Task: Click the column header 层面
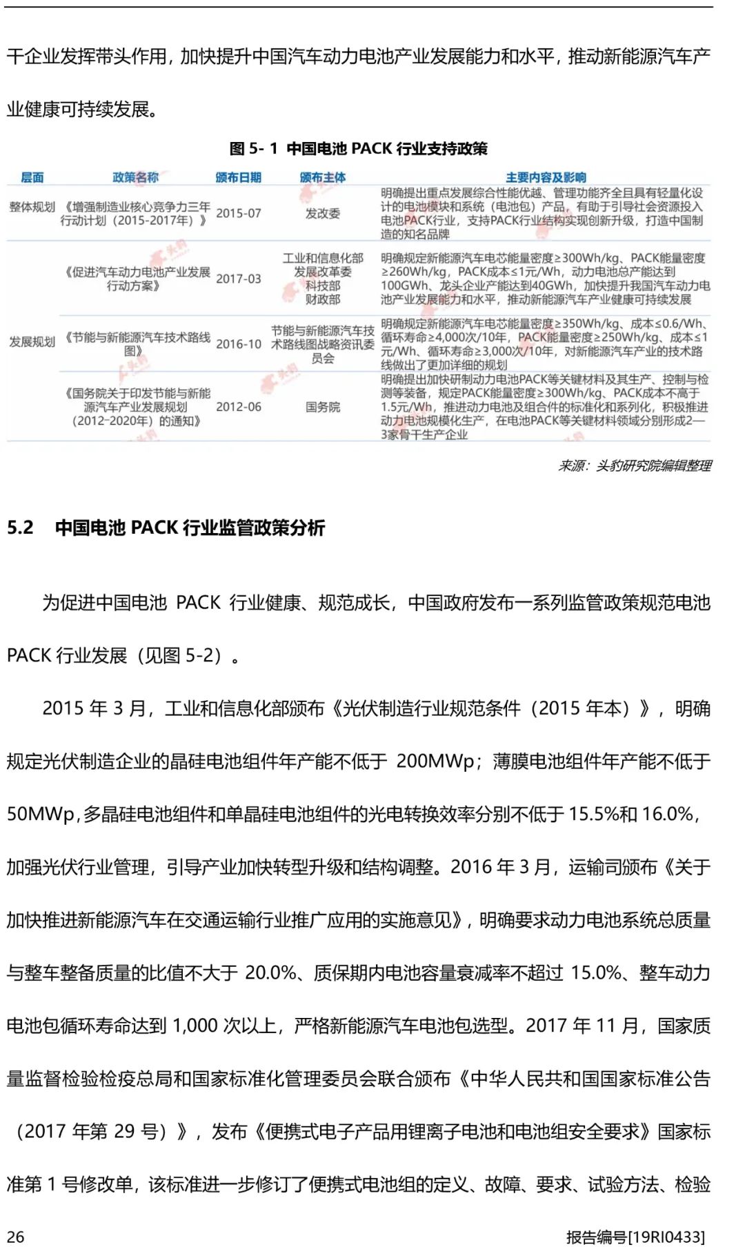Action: point(32,177)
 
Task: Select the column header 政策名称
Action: point(135,177)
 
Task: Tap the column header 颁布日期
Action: point(238,177)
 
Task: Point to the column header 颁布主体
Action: point(323,177)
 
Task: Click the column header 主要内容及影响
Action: point(545,177)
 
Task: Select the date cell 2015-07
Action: point(238,213)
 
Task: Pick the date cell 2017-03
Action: point(238,279)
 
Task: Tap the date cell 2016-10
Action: point(238,344)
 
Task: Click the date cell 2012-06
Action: point(238,407)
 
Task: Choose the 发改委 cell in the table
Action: point(323,213)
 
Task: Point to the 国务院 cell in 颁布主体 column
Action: point(323,407)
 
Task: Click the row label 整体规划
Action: point(32,207)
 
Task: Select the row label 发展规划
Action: point(32,341)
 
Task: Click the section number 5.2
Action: point(20,528)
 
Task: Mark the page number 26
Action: point(15,1236)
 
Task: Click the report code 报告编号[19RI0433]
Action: point(635,1236)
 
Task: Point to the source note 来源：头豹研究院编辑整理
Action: point(635,466)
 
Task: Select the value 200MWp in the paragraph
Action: point(435,761)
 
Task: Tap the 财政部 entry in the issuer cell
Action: point(323,299)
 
